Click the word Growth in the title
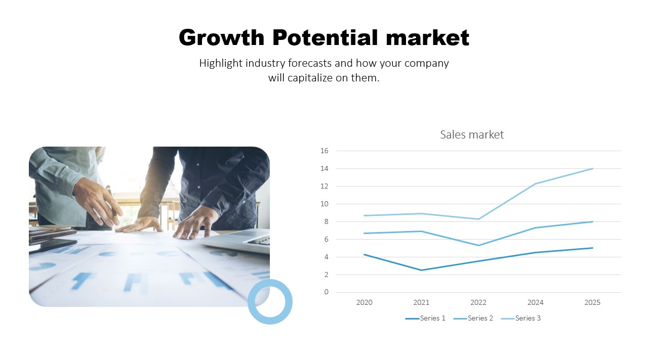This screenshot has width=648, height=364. [221, 38]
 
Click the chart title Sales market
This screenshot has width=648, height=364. [472, 134]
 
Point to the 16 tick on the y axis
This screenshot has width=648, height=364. [325, 151]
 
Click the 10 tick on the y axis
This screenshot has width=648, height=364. [325, 204]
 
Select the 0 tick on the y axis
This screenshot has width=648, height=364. [326, 292]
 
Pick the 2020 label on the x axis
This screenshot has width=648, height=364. [364, 302]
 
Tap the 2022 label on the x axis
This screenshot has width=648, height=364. [478, 302]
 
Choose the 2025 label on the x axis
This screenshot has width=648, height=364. [592, 302]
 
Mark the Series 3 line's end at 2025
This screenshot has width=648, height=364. [592, 169]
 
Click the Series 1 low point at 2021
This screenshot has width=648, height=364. [421, 270]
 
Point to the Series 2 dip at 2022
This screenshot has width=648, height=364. [478, 245]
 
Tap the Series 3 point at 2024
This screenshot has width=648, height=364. [535, 184]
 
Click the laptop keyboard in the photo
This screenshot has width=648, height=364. [259, 241]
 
